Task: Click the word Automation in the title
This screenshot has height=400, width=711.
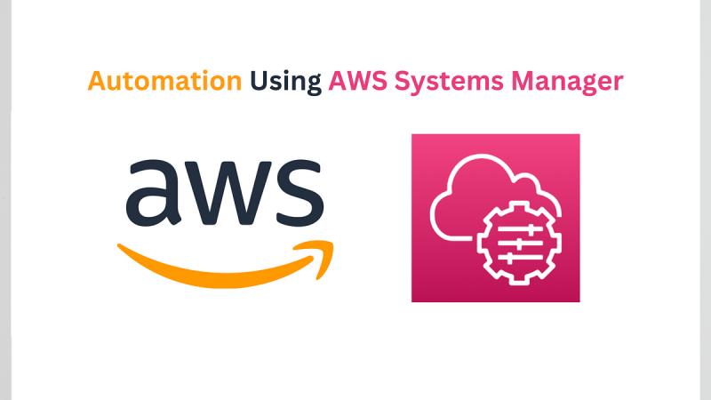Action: [164, 81]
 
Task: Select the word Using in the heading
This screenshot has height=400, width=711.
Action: [285, 82]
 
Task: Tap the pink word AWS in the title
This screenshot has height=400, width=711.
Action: [358, 81]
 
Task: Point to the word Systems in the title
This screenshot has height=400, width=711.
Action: [449, 82]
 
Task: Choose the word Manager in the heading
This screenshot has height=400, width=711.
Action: [567, 82]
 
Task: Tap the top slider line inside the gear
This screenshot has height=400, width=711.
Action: [520, 229]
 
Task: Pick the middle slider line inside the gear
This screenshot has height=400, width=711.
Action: [520, 244]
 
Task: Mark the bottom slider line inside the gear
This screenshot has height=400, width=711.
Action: [520, 258]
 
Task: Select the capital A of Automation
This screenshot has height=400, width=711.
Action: [98, 81]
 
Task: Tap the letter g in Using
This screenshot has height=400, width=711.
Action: [314, 85]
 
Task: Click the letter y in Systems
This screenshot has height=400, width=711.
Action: [417, 85]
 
